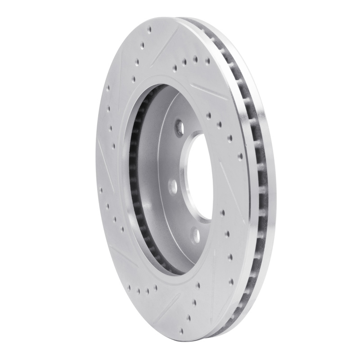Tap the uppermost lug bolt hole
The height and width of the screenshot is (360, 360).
click(x=179, y=124)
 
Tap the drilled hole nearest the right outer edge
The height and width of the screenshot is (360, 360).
click(x=240, y=156)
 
